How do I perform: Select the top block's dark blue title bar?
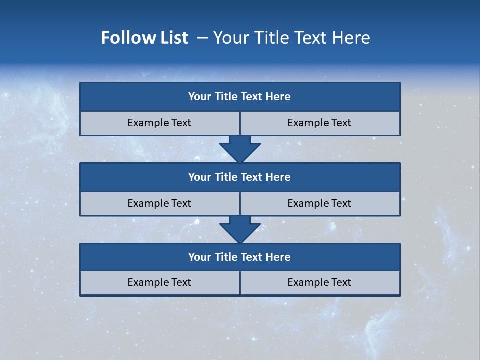(240, 97)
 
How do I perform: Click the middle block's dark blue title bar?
(240, 177)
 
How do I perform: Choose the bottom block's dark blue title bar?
(240, 257)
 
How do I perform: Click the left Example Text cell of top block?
(159, 123)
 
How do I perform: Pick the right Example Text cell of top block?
(320, 123)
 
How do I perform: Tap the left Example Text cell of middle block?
(159, 204)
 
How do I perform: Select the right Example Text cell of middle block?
(320, 204)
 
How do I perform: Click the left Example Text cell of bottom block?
(159, 283)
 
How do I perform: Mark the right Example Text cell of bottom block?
(320, 283)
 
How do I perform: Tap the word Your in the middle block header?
(199, 177)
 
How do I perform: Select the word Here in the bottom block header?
(278, 257)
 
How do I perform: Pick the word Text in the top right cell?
(341, 123)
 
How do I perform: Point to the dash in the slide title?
(202, 38)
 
